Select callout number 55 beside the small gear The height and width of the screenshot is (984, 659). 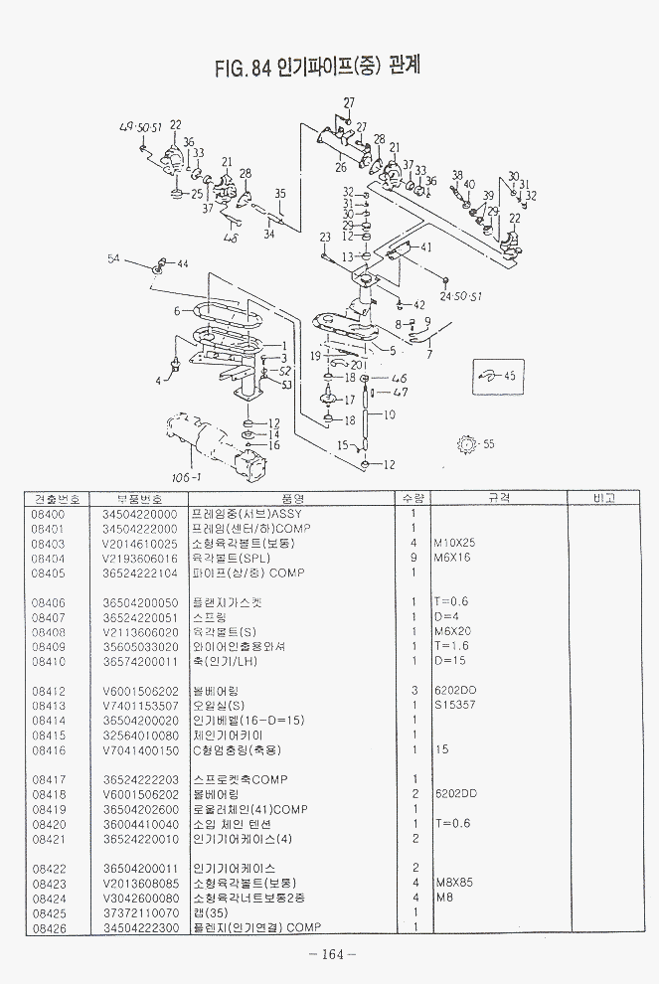(x=488, y=444)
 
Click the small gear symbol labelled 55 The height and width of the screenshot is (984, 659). (x=462, y=443)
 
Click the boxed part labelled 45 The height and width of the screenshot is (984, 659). (x=494, y=377)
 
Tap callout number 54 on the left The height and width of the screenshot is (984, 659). (x=113, y=258)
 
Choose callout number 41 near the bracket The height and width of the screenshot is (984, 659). (x=426, y=246)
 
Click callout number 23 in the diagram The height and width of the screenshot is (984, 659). (x=324, y=237)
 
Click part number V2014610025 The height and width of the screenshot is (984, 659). (x=139, y=544)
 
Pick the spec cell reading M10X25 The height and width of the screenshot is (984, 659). (x=455, y=544)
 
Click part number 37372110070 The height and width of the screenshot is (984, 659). (x=139, y=911)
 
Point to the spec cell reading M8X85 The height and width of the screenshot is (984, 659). (x=452, y=882)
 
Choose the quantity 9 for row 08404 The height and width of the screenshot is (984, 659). (x=412, y=559)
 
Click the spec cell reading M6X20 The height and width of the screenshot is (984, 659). (x=452, y=632)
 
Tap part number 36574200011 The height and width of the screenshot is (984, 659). (x=139, y=661)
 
